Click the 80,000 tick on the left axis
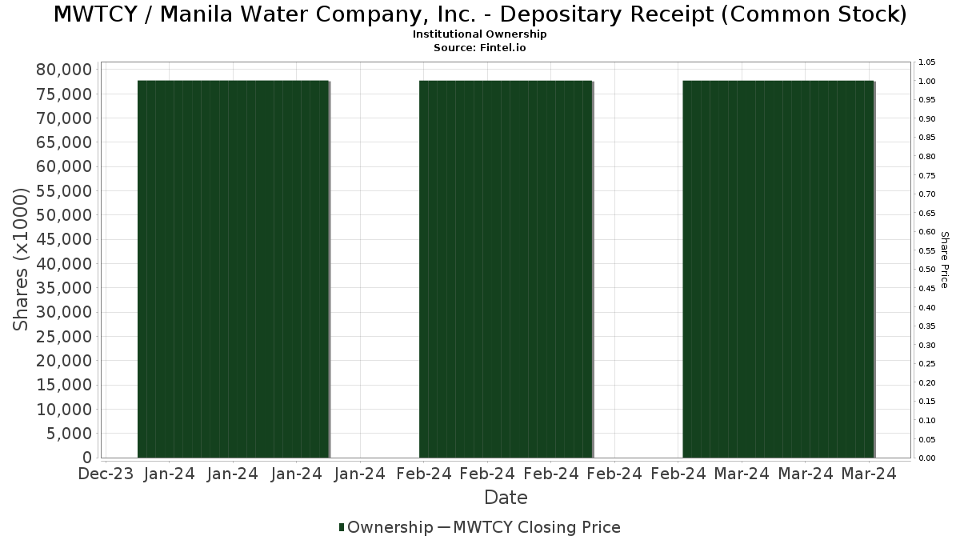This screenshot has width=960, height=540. [x=64, y=70]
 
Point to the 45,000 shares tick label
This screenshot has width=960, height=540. [x=64, y=239]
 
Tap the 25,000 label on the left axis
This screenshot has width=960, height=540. [x=64, y=336]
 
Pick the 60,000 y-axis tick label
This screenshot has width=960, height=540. [x=64, y=166]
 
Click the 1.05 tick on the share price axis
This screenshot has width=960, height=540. [x=927, y=62]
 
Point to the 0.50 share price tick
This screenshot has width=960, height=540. [x=927, y=270]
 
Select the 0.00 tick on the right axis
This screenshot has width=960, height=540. [x=927, y=458]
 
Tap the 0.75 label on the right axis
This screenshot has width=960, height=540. [x=927, y=175]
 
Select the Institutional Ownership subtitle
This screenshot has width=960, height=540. [x=479, y=34]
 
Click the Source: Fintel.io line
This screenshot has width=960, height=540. [x=479, y=47]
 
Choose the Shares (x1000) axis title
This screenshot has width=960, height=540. [x=22, y=259]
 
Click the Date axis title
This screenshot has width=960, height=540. [x=506, y=498]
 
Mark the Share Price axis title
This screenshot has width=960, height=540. [x=944, y=259]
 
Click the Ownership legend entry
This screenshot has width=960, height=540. [x=385, y=527]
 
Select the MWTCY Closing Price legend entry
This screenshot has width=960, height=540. [x=536, y=527]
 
